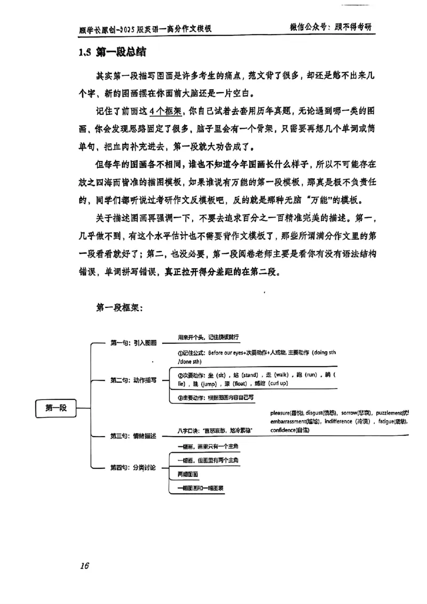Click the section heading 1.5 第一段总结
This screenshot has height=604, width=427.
tap(111, 53)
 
